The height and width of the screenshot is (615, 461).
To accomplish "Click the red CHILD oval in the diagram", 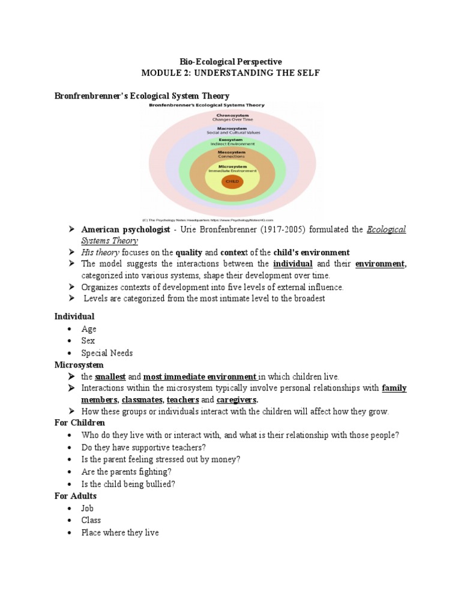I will (x=232, y=181).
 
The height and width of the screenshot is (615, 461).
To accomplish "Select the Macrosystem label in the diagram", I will (x=232, y=129).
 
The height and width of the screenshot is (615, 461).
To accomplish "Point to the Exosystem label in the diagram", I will (x=232, y=142).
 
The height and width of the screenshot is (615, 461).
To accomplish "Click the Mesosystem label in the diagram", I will (x=232, y=154).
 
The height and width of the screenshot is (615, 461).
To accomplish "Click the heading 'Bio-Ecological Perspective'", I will (x=231, y=62).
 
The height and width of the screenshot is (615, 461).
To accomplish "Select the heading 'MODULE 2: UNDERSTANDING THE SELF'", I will (x=231, y=73).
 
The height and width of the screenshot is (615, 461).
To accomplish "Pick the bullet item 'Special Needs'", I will (x=107, y=353).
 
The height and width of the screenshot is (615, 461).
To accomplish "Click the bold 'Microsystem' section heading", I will (x=79, y=365).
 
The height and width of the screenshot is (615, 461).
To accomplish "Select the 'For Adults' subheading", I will (x=76, y=496).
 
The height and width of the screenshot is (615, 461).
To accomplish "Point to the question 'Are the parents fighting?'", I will (x=126, y=472).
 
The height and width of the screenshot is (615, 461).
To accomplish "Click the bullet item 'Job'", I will (x=88, y=508).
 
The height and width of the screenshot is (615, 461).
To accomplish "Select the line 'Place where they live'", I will (x=120, y=533).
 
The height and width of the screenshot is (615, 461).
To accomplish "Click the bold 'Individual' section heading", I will (x=74, y=317).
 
